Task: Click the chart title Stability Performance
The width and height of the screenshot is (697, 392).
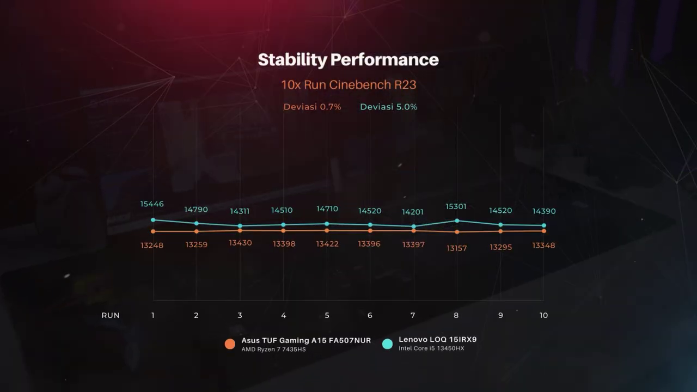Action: coord(348,59)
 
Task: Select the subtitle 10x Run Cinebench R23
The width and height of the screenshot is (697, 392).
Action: coord(348,85)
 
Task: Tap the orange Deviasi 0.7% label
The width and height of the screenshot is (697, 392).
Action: coord(312,107)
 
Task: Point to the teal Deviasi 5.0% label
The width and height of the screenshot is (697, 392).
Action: coord(388,107)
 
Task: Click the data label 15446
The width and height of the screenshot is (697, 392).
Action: coord(152,204)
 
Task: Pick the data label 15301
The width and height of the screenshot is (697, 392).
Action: coord(456,207)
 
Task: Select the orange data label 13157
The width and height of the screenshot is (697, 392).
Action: coord(456,248)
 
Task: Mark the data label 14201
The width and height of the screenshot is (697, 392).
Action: coord(413,212)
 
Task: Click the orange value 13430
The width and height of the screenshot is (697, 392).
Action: coord(240,243)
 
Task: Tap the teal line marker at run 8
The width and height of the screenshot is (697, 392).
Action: coord(457,220)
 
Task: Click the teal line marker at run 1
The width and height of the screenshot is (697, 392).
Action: coord(153,220)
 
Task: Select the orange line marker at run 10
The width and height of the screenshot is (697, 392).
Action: coord(543,231)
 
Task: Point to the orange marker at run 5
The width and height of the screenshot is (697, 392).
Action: coord(327,230)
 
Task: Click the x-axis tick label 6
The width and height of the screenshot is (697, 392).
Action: coord(370,315)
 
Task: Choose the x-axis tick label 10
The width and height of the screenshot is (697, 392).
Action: coord(543,315)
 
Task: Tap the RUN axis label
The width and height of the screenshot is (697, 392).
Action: coord(111,315)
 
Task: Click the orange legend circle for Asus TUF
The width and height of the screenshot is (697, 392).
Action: coord(230,344)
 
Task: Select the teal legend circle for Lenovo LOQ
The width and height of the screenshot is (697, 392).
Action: coord(387,344)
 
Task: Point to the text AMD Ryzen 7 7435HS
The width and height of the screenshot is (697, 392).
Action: coord(273,350)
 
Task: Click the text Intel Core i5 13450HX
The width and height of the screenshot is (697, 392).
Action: coord(431,348)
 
